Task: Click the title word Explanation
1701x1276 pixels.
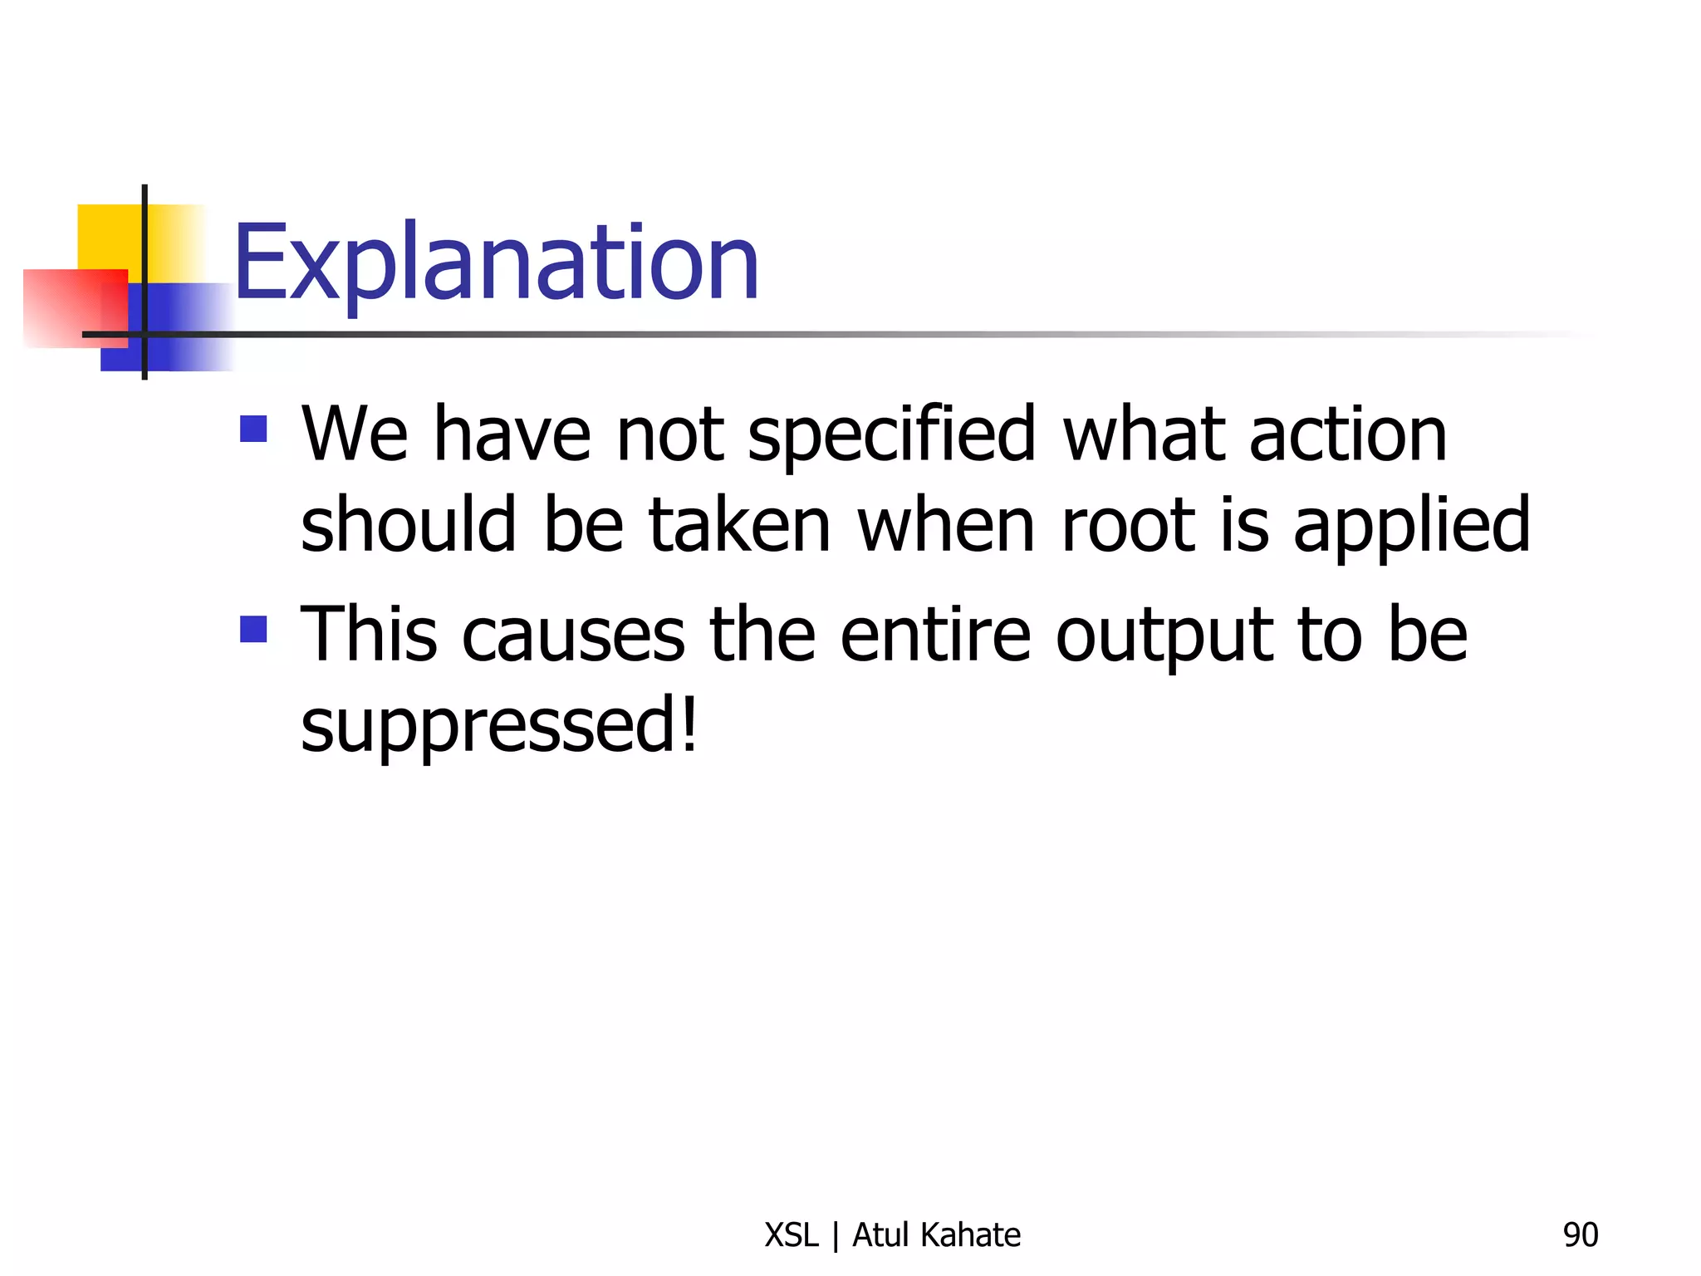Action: [496, 264]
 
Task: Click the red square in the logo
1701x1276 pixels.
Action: [66, 307]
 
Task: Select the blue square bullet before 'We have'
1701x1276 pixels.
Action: [253, 429]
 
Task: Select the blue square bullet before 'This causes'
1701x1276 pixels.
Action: [253, 629]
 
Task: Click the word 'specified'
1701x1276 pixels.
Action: [891, 436]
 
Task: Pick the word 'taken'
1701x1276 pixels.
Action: [739, 525]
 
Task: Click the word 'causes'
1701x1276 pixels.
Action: [573, 636]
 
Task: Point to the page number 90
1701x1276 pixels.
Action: [1580, 1235]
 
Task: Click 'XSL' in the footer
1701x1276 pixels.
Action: [791, 1235]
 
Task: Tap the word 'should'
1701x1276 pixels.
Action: [408, 525]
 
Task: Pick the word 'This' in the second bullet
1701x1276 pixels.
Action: [368, 635]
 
